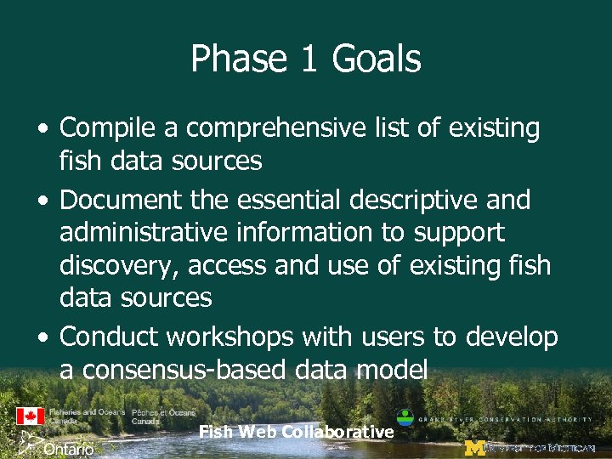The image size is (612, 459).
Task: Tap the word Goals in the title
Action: (377, 59)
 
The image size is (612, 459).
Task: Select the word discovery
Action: (119, 266)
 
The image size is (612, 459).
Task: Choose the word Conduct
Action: (109, 337)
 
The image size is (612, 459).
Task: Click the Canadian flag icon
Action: (30, 416)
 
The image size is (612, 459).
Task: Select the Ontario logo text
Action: (68, 448)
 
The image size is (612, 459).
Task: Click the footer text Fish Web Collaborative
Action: (296, 433)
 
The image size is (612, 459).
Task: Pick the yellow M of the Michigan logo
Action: (475, 448)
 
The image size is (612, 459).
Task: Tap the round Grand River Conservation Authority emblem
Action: (406, 418)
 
